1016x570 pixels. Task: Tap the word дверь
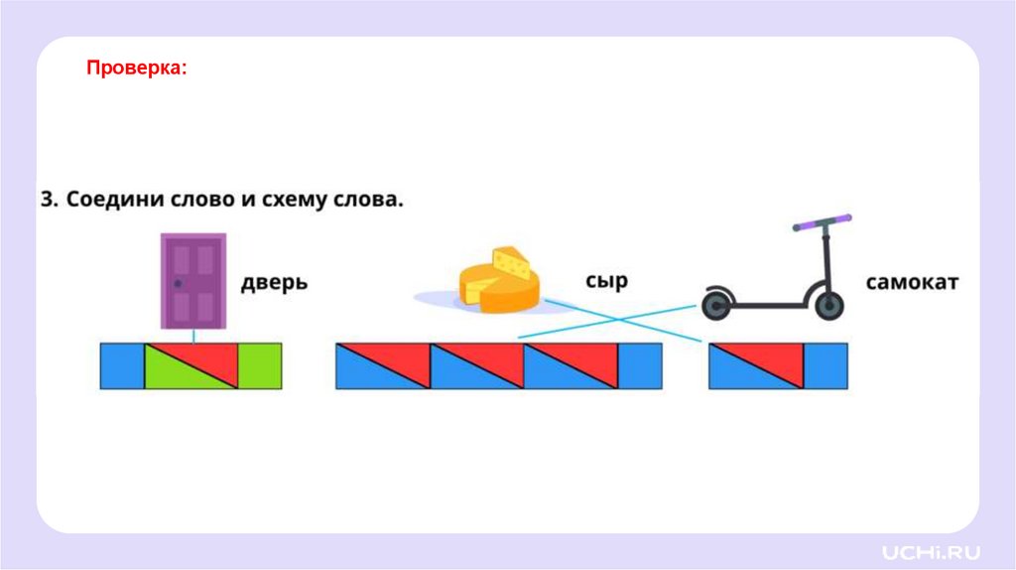point(274,283)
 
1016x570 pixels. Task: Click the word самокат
point(912,282)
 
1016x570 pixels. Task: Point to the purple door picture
point(193,280)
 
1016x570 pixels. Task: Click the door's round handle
point(178,284)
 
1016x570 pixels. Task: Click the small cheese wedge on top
point(511,262)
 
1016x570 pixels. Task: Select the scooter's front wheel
point(828,305)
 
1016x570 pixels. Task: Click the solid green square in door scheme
point(260,365)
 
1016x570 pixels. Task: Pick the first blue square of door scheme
point(122,365)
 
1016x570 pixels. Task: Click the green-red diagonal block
point(191,365)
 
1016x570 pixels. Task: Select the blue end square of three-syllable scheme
point(640,365)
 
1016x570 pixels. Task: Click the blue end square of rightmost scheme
point(825,365)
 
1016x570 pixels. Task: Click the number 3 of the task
point(47,199)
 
